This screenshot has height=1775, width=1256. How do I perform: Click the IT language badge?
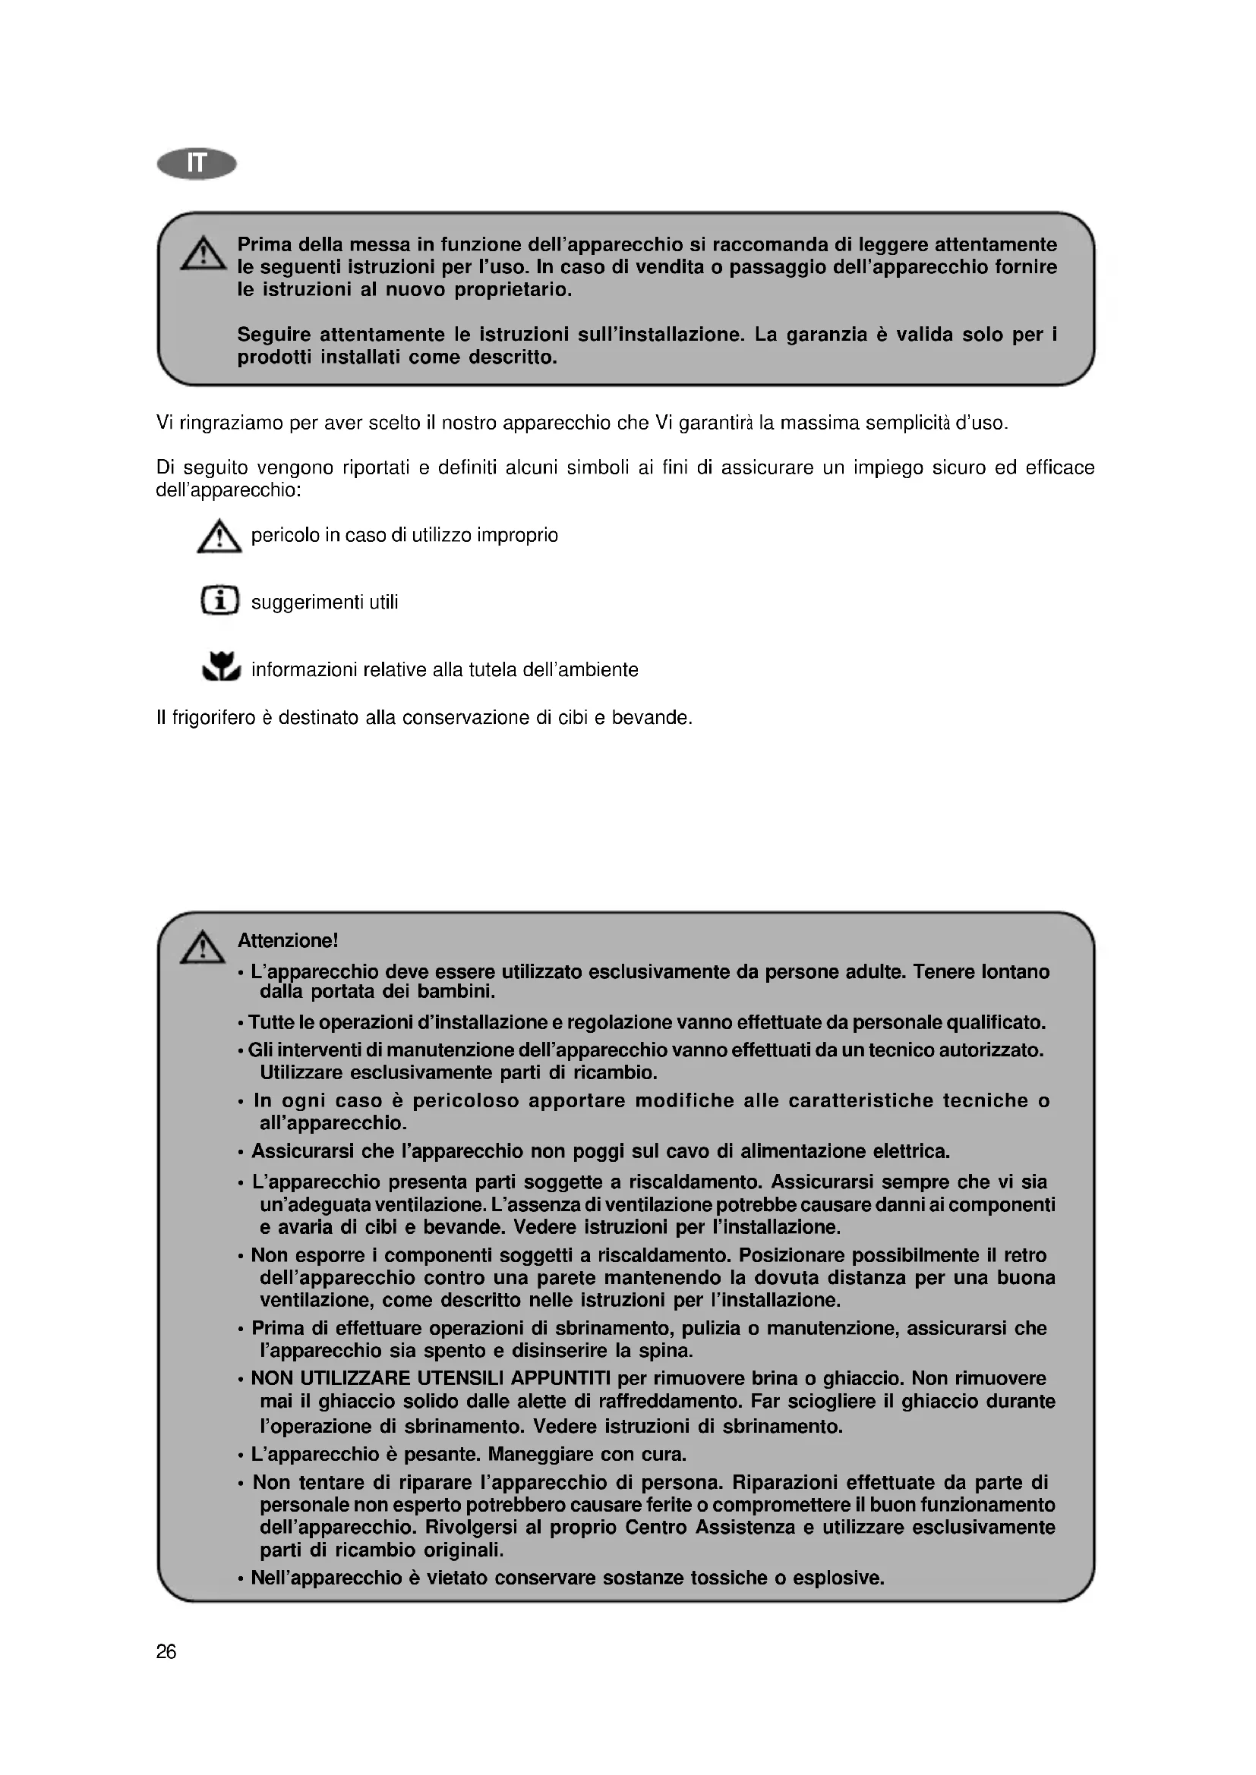point(197,164)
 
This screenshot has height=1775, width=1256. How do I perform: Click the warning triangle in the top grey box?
point(204,253)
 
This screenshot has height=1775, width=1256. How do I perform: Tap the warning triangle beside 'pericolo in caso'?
point(219,537)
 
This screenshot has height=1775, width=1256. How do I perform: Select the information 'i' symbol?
point(219,601)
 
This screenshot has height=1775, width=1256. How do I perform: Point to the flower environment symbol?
point(221,666)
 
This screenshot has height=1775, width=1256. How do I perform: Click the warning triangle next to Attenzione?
point(203,947)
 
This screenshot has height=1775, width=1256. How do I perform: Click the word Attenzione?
point(288,941)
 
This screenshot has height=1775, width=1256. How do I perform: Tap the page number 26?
point(166,1652)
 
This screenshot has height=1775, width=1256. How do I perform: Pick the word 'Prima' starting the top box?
point(264,245)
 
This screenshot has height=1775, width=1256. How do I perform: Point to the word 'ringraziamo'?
point(229,423)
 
